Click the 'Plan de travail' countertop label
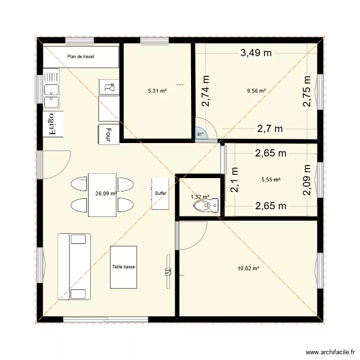click(x=81, y=57)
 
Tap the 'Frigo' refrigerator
click(x=52, y=124)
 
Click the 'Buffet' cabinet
click(x=160, y=193)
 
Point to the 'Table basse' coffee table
click(x=123, y=267)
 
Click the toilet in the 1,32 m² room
click(x=204, y=206)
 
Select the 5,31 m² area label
click(x=157, y=90)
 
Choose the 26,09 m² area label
click(x=106, y=194)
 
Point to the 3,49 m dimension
click(x=256, y=53)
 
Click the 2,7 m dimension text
click(x=270, y=128)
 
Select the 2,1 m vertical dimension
click(x=234, y=179)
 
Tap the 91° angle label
click(x=201, y=135)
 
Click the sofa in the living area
click(x=74, y=266)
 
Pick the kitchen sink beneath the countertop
click(x=51, y=89)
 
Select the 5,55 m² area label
click(x=271, y=180)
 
